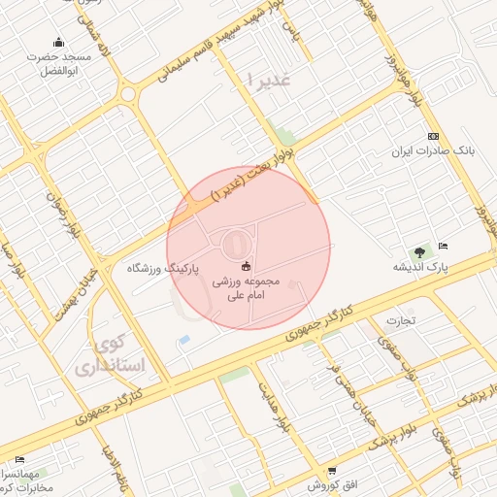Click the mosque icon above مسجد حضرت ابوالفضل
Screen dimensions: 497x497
tap(58, 42)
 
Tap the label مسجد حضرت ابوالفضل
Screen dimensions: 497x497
tap(58, 63)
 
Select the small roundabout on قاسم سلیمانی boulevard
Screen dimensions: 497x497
tap(128, 94)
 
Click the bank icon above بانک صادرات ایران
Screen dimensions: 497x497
tap(433, 136)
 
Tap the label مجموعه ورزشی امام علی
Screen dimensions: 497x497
tap(246, 288)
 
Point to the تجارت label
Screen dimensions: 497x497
tap(400, 319)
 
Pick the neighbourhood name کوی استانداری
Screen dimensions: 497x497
tap(108, 356)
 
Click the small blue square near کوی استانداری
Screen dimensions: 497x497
tap(183, 341)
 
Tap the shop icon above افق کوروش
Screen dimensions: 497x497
tap(331, 470)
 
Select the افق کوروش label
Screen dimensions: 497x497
tap(328, 484)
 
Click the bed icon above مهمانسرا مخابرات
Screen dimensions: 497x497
tap(19, 459)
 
